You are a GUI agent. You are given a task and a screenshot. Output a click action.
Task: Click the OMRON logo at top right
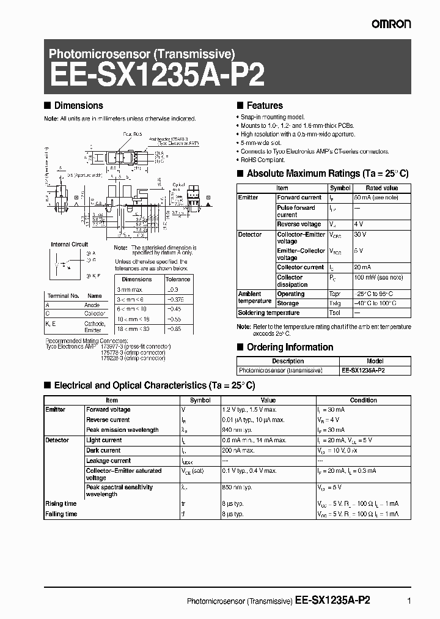pyautogui.click(x=391, y=23)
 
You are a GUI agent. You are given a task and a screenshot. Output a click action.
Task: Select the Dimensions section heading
pyautogui.click(x=78, y=106)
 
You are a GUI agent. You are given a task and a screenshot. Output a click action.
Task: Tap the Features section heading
pyautogui.click(x=264, y=106)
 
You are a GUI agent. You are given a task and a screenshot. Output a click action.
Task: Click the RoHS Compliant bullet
pyautogui.click(x=263, y=160)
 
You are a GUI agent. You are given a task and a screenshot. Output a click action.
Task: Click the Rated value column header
pyautogui.click(x=381, y=188)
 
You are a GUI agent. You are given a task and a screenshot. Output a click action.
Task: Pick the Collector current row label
pyautogui.click(x=300, y=267)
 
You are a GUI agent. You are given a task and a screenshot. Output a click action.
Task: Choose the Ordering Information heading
pyautogui.click(x=290, y=347)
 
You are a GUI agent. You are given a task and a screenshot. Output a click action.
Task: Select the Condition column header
pyautogui.click(x=363, y=400)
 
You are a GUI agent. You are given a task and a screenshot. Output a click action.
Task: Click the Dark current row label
pyautogui.click(x=103, y=451)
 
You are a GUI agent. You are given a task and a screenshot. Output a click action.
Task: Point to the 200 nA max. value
pyautogui.click(x=238, y=451)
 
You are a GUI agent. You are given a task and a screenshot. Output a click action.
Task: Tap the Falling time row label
pyautogui.click(x=62, y=514)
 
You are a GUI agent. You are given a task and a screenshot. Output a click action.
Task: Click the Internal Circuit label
pyautogui.click(x=70, y=244)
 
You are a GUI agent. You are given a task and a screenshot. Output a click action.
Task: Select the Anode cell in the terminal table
pyautogui.click(x=91, y=305)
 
